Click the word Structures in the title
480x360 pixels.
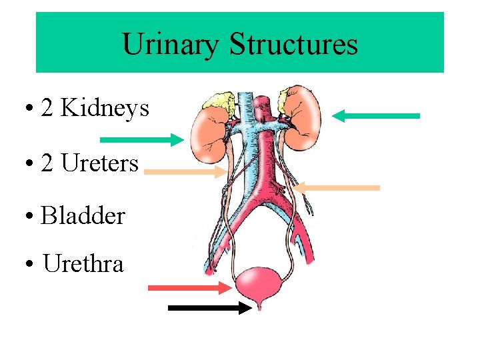(x=294, y=45)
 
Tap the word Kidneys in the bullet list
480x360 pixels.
(x=105, y=108)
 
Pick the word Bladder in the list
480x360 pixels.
(x=83, y=216)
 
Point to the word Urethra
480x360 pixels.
(x=83, y=264)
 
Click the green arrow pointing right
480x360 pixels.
(x=141, y=139)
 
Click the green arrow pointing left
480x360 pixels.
(x=376, y=116)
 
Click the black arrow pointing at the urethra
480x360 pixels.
(x=210, y=308)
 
